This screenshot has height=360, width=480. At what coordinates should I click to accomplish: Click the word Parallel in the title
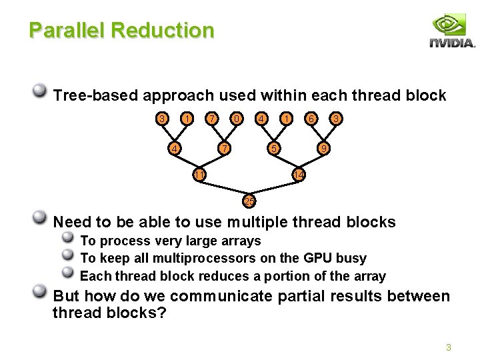67,31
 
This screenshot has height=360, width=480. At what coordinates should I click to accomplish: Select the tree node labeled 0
236,119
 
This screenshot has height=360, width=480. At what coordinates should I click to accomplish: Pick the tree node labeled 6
311,119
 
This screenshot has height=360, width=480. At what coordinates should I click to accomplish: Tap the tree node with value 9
323,148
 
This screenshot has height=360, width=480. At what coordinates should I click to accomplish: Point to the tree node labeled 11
199,175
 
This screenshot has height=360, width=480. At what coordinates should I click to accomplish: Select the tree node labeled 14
299,175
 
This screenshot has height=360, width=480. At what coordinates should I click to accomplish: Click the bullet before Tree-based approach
40,92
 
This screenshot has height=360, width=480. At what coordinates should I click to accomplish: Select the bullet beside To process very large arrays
68,239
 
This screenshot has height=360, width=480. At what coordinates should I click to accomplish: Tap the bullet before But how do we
40,293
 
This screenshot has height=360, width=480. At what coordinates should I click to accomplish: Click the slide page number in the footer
449,347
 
